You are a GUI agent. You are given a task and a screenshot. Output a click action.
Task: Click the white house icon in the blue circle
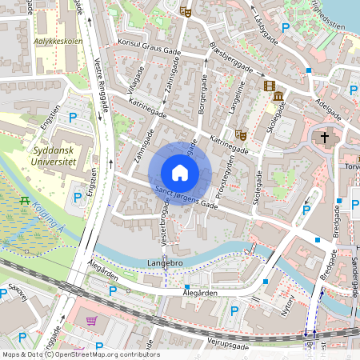(x=180, y=173)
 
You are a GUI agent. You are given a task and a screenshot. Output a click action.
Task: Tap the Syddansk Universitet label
(x=55, y=155)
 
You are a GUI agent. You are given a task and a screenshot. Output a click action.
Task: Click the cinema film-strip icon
(x=269, y=86)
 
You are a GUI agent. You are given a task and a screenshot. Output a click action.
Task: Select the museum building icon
(x=278, y=97)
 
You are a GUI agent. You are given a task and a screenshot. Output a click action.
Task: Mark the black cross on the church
(x=325, y=137)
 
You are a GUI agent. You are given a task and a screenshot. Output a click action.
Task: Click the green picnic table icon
(x=25, y=200)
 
